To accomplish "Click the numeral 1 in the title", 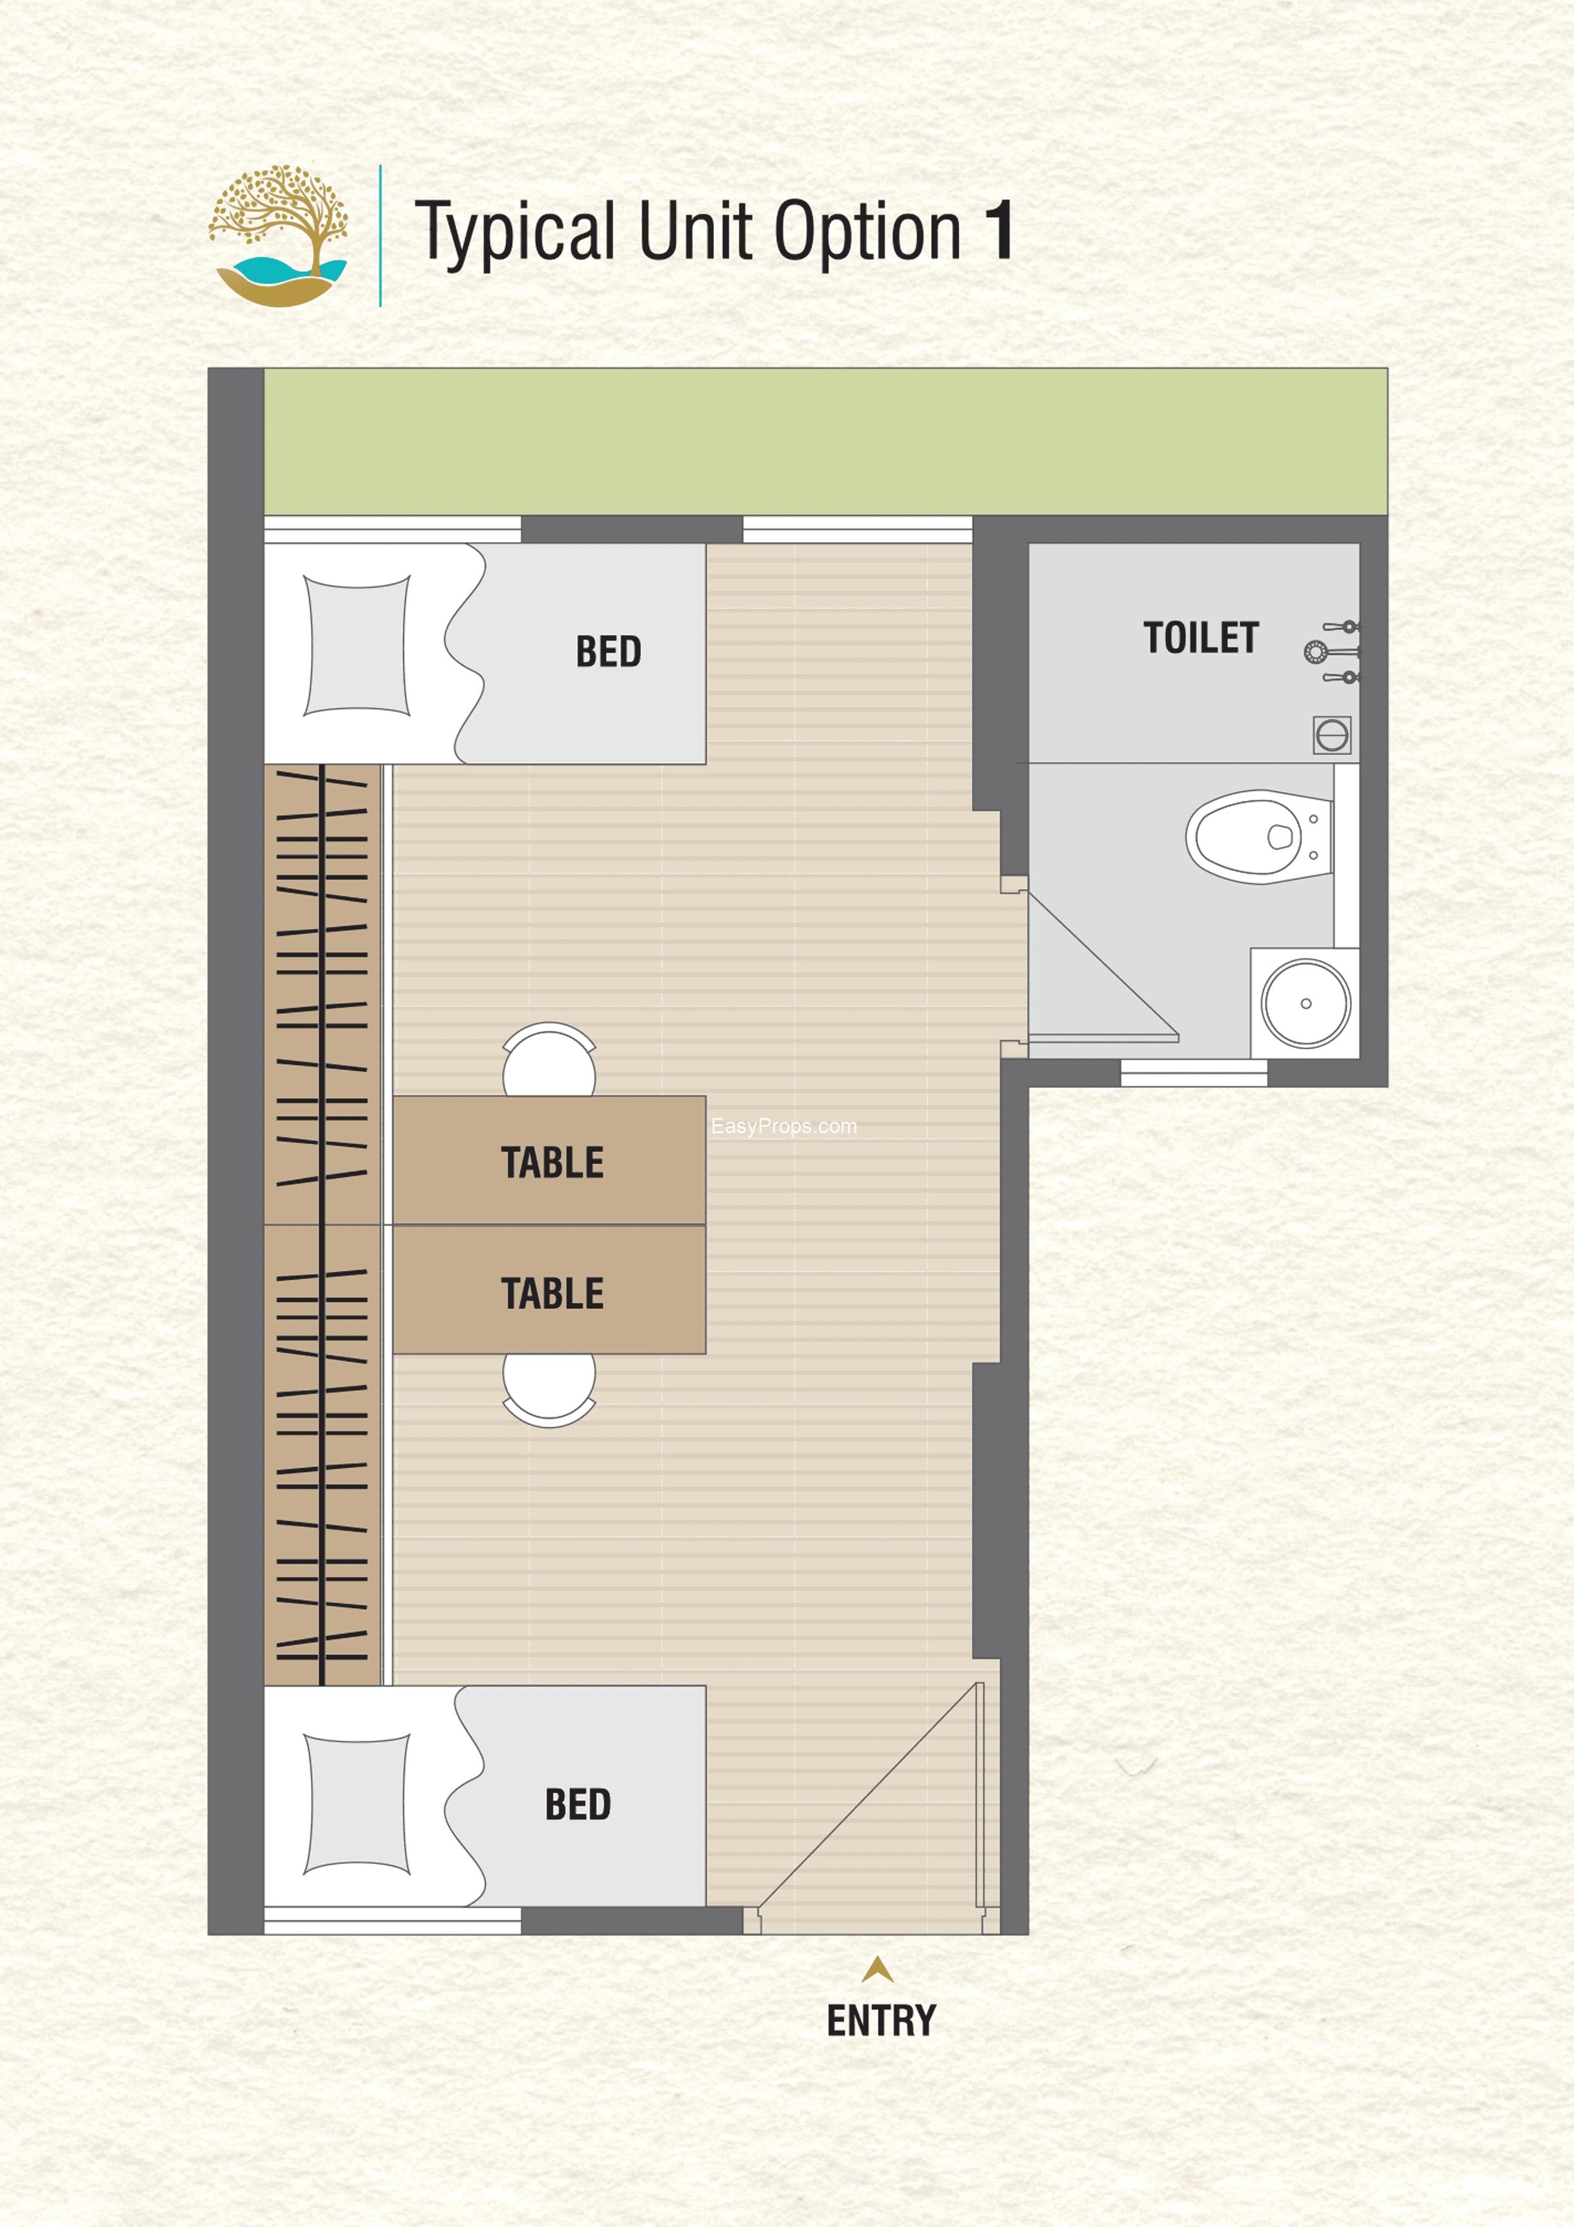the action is click(x=999, y=231).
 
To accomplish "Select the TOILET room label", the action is click(x=1201, y=637).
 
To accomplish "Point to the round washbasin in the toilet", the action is click(x=1306, y=1004).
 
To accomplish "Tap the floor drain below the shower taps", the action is click(x=1332, y=735).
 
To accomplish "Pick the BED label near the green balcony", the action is click(x=608, y=652).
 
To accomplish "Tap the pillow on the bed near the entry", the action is click(x=357, y=1805).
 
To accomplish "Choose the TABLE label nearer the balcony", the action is click(x=552, y=1162).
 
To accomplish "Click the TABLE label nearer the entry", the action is click(x=552, y=1293).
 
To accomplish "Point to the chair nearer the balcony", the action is click(x=549, y=1059).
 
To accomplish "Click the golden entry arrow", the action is click(x=878, y=1968).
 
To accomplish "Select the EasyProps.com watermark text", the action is click(x=784, y=1126).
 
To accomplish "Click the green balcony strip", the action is click(x=825, y=441).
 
